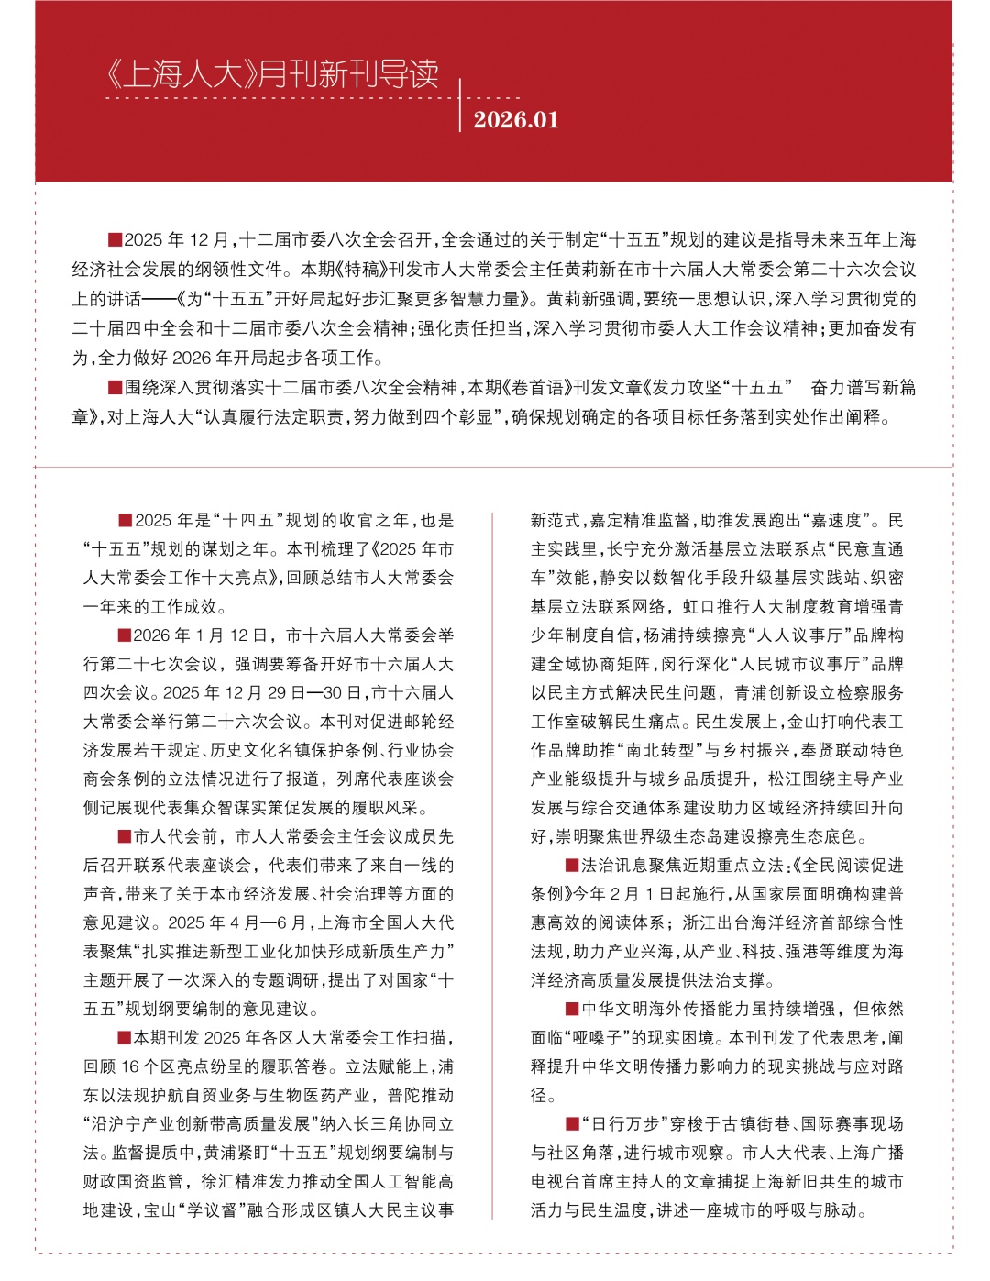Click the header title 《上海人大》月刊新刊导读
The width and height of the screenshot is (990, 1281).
click(x=273, y=73)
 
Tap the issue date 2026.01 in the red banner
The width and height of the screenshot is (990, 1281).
click(x=516, y=120)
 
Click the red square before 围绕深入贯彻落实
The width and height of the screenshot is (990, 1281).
click(x=115, y=387)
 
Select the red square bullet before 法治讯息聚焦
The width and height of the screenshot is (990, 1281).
click(x=572, y=865)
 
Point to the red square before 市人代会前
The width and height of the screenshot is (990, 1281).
click(x=124, y=836)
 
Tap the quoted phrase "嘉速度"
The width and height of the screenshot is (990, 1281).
click(x=834, y=520)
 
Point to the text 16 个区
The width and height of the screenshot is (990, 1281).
click(x=138, y=1066)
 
